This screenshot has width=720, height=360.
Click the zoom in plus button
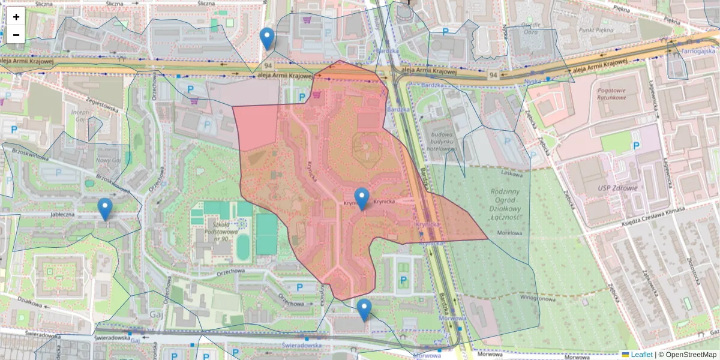point(16,17)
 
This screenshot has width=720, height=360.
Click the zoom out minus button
point(16,35)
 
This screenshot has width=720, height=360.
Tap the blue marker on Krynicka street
point(362,199)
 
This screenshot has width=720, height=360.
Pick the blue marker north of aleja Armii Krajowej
point(268,38)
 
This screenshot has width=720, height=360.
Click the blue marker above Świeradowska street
point(364,310)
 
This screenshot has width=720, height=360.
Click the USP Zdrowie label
point(612,188)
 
